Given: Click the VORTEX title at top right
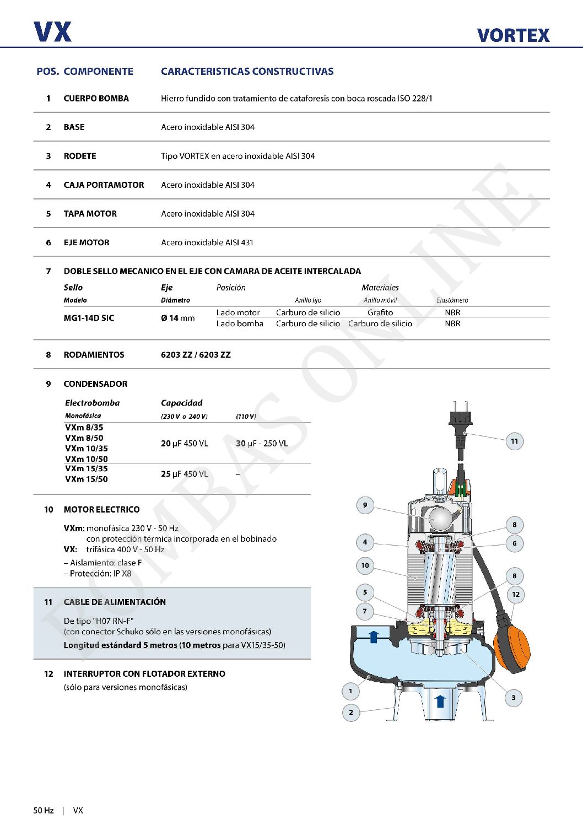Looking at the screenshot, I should (513, 35).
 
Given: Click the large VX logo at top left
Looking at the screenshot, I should (52, 32).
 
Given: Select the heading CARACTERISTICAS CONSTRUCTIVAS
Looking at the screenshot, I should (247, 72).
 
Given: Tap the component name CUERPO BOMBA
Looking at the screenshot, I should (96, 99).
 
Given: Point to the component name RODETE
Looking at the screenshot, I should (79, 156).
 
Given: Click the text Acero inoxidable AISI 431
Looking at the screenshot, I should (207, 242).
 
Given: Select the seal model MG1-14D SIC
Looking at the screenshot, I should (89, 318).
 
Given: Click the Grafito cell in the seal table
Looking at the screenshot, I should (380, 312).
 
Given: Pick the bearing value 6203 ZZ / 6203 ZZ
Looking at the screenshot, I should (196, 355).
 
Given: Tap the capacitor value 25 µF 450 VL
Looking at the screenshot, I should (185, 474).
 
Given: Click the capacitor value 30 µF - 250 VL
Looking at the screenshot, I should (262, 444).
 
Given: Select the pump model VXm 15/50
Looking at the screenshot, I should (87, 479).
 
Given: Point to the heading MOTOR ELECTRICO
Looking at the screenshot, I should (101, 510).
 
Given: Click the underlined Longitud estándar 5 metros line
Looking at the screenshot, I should (174, 645).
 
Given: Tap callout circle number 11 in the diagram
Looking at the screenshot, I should (514, 441).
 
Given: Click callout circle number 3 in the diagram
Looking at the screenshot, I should (513, 698).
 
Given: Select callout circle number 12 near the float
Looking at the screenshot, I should (515, 594).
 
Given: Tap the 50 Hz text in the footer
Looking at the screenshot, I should (44, 811).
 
